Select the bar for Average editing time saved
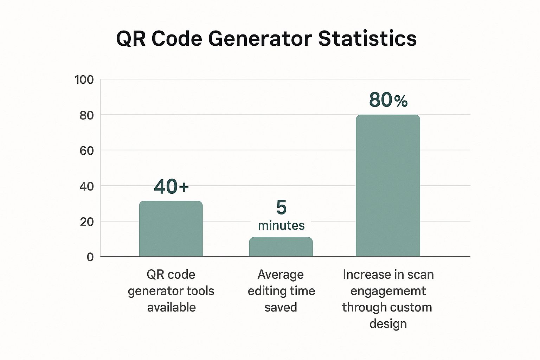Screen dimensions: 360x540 [x=281, y=247]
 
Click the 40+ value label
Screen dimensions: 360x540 [x=171, y=187]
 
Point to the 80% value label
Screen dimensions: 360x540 [x=388, y=100]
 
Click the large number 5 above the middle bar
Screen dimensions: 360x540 [x=281, y=207]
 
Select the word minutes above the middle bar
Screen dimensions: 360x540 [x=281, y=225]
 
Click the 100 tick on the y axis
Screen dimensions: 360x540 [x=84, y=80]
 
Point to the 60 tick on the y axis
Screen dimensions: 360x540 [x=86, y=151]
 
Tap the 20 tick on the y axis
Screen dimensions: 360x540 [x=86, y=222]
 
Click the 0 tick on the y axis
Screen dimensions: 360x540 [x=90, y=257]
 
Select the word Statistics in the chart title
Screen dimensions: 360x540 [x=367, y=38]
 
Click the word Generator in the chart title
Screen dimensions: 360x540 [x=260, y=38]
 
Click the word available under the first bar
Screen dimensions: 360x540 [x=171, y=307]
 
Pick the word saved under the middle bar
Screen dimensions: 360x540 [x=281, y=307]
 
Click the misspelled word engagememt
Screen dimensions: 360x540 [x=388, y=291]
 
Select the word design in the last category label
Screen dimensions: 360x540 [x=388, y=324]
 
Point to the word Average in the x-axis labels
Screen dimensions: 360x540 [x=281, y=275]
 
